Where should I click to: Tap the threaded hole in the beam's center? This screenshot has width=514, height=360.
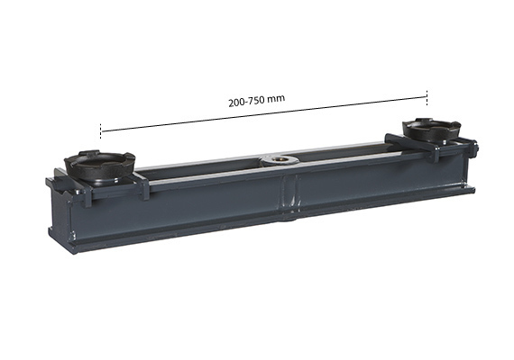click(x=279, y=160)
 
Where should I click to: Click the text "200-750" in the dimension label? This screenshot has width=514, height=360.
click(x=246, y=101)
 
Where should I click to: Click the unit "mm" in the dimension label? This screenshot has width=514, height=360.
click(x=276, y=98)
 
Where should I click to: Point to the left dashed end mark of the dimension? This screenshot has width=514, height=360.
click(x=101, y=130)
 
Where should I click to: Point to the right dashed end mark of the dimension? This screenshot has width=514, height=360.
click(x=427, y=98)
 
